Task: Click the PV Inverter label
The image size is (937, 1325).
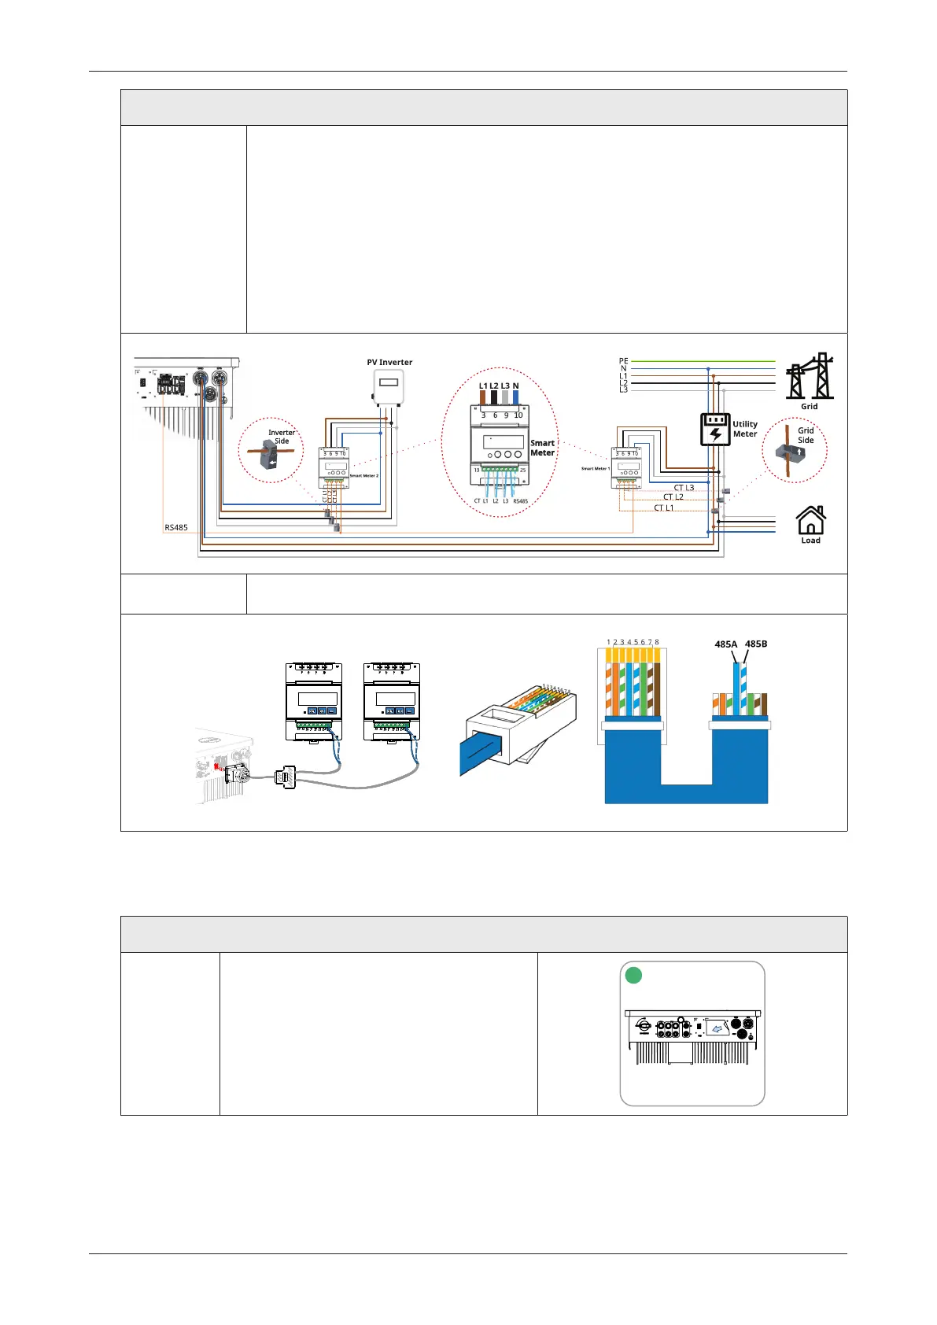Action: tap(389, 363)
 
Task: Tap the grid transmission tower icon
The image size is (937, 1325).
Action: tap(810, 377)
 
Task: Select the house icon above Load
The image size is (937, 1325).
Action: tap(810, 520)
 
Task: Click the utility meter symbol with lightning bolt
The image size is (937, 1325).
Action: tap(715, 430)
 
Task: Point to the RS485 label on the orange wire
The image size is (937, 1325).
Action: tap(176, 527)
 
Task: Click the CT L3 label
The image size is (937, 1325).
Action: tap(684, 488)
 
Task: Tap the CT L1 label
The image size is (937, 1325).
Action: tap(663, 508)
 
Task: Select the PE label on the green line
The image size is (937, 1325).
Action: tap(623, 361)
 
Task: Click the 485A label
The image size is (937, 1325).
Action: tap(726, 644)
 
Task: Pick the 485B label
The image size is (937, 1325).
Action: tap(756, 644)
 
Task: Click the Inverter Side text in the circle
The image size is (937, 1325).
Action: tap(282, 437)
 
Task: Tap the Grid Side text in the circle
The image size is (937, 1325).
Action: tap(806, 435)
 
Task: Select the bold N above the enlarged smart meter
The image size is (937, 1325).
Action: tap(516, 386)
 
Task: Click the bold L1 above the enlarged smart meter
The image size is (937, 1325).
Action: tap(483, 386)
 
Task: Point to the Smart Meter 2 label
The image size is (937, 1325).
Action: tap(363, 476)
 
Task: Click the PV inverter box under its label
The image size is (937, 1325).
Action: tap(389, 387)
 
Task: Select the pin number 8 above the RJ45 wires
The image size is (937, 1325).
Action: tap(657, 642)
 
